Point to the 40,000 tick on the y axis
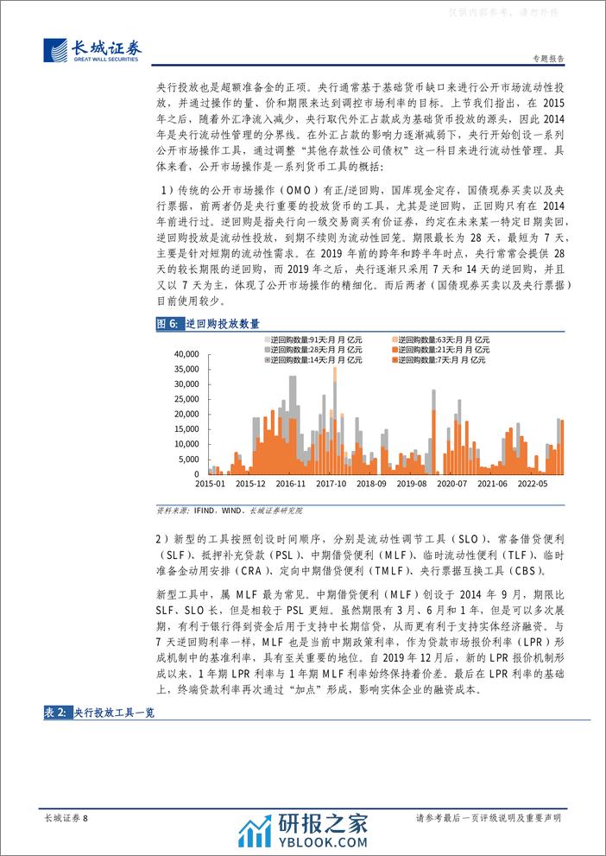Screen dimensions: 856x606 186,354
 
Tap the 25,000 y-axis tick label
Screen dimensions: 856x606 186,399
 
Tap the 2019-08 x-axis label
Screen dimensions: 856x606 413,485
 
